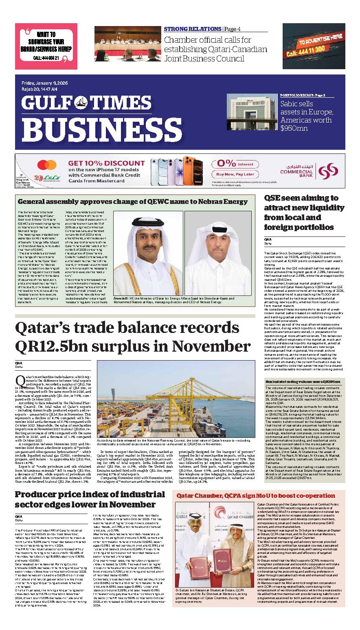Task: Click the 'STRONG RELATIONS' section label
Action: [x=193, y=29]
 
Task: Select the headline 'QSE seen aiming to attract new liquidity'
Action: [x=301, y=212]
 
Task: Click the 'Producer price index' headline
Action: [x=90, y=499]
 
